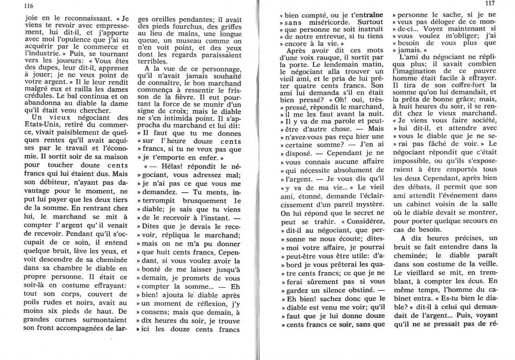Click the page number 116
click(x=28, y=6)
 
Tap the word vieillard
click(x=424, y=272)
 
